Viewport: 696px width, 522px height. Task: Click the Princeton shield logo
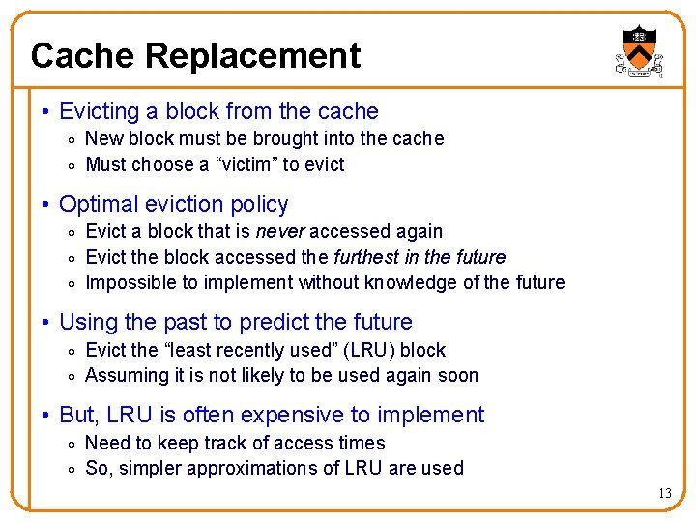638,51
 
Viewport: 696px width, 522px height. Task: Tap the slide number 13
664,494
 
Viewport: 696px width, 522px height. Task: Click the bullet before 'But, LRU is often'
46,416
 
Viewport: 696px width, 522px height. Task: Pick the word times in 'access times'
362,443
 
